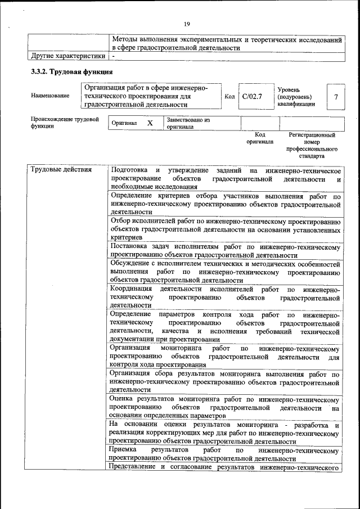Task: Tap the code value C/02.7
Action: [x=252, y=96]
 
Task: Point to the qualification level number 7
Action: [x=335, y=97]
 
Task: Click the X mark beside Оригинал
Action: [x=150, y=123]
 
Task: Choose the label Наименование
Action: [x=51, y=96]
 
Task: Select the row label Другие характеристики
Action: [x=68, y=56]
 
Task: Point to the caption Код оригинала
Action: [x=259, y=138]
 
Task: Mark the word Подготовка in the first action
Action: [x=129, y=170]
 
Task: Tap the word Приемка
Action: [x=124, y=451]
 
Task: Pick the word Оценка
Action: [x=123, y=399]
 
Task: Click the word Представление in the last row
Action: [x=133, y=467]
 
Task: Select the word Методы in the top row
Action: [x=125, y=40]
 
